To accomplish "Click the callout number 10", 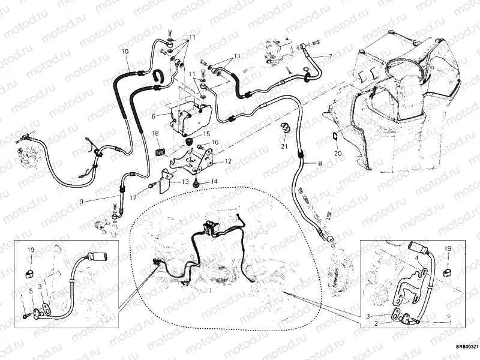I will (x=125, y=52).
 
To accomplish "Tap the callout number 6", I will (x=154, y=116).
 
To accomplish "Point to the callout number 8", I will (x=320, y=163).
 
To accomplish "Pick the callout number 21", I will (x=284, y=146).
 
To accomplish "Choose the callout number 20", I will (x=337, y=154).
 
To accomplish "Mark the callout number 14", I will (x=214, y=181).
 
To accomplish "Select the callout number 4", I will (x=413, y=259).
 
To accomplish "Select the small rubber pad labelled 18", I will (x=161, y=150).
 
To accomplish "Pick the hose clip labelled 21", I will (x=285, y=128).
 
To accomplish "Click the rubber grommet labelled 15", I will (x=191, y=142).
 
